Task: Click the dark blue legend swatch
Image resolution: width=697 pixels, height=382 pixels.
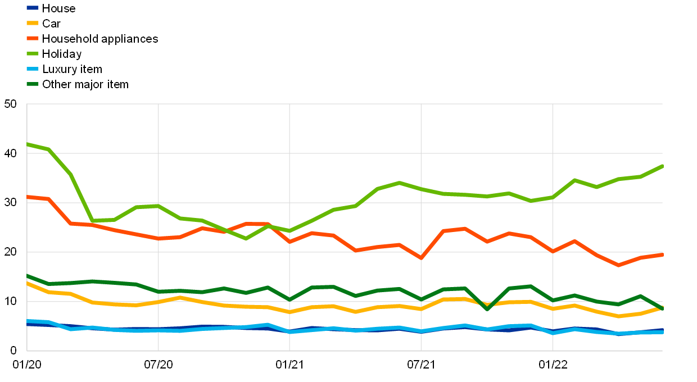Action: (x=33, y=8)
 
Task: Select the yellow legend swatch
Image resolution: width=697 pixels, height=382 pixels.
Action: (x=33, y=23)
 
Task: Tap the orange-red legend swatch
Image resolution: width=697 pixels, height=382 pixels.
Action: (x=33, y=38)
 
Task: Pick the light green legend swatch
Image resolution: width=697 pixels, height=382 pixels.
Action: (x=33, y=53)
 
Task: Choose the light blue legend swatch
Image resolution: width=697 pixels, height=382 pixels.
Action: (x=33, y=69)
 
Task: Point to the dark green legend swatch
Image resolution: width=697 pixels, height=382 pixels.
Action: (x=33, y=84)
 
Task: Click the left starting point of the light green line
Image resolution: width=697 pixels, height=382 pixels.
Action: (x=27, y=144)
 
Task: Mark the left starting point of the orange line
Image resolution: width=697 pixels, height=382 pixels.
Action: (x=27, y=197)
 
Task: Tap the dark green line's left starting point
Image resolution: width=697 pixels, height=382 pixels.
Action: (x=27, y=276)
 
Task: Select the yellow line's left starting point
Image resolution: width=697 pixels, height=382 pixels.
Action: (x=27, y=283)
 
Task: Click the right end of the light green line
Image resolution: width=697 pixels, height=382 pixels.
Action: (x=663, y=166)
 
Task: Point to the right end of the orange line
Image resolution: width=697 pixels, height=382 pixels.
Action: (x=663, y=254)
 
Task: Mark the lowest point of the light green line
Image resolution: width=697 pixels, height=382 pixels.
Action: (x=246, y=239)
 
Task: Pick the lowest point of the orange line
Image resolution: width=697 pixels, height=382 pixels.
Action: (x=618, y=265)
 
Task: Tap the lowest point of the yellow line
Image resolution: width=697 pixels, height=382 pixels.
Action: (x=618, y=316)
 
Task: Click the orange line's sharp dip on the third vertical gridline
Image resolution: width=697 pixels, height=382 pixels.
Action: (x=421, y=258)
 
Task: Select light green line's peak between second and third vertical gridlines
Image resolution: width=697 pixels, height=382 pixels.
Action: (x=399, y=183)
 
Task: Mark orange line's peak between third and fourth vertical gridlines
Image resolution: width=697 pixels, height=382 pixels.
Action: (x=465, y=229)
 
